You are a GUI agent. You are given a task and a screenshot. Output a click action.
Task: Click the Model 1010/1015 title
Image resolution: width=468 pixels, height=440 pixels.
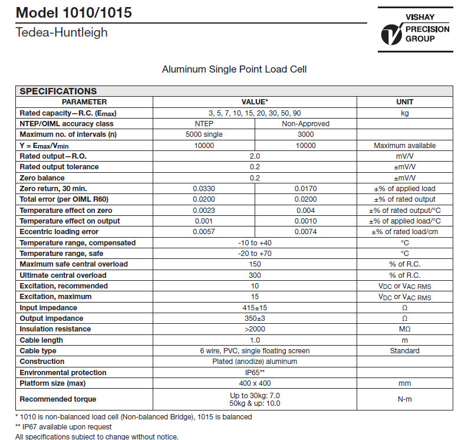click(74, 13)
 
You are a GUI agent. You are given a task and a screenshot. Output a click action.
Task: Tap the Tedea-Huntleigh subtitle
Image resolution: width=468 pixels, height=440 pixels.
click(62, 32)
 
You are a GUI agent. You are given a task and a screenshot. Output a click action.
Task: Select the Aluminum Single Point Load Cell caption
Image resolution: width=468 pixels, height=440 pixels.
click(234, 70)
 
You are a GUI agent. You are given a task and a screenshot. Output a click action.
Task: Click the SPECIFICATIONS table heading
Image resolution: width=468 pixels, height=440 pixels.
click(58, 91)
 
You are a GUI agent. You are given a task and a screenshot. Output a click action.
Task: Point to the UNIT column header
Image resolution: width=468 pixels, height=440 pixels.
click(404, 102)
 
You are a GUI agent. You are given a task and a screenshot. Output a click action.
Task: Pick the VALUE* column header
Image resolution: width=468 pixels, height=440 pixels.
click(255, 102)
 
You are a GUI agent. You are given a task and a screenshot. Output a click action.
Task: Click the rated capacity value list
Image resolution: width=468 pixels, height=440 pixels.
click(255, 113)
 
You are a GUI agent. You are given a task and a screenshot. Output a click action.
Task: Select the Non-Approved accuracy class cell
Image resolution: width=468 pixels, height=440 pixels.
click(305, 124)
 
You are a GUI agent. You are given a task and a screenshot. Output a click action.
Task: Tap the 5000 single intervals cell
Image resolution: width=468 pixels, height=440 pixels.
click(204, 134)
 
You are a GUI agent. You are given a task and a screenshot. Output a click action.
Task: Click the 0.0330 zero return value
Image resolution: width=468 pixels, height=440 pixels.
click(204, 189)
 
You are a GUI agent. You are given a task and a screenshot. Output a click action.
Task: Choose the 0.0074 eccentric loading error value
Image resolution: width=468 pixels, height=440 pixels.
click(305, 232)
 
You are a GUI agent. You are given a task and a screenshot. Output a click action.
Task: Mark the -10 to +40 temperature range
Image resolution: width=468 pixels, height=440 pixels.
click(255, 243)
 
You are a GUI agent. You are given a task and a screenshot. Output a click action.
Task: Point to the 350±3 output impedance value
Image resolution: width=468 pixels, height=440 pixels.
click(255, 318)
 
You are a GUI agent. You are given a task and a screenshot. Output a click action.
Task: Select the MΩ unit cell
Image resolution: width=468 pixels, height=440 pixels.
click(404, 329)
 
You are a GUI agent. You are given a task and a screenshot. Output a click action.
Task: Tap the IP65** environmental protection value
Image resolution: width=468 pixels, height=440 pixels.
click(255, 373)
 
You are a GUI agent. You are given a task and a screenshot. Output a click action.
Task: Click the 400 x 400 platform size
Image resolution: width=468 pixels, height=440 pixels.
click(255, 383)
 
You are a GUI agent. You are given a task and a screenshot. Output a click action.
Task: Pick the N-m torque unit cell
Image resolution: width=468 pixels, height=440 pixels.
click(404, 399)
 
